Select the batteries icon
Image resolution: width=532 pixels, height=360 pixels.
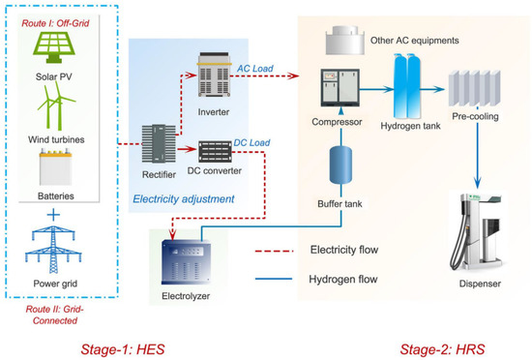point(59,168)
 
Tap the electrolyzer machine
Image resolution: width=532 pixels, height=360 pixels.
point(192,259)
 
